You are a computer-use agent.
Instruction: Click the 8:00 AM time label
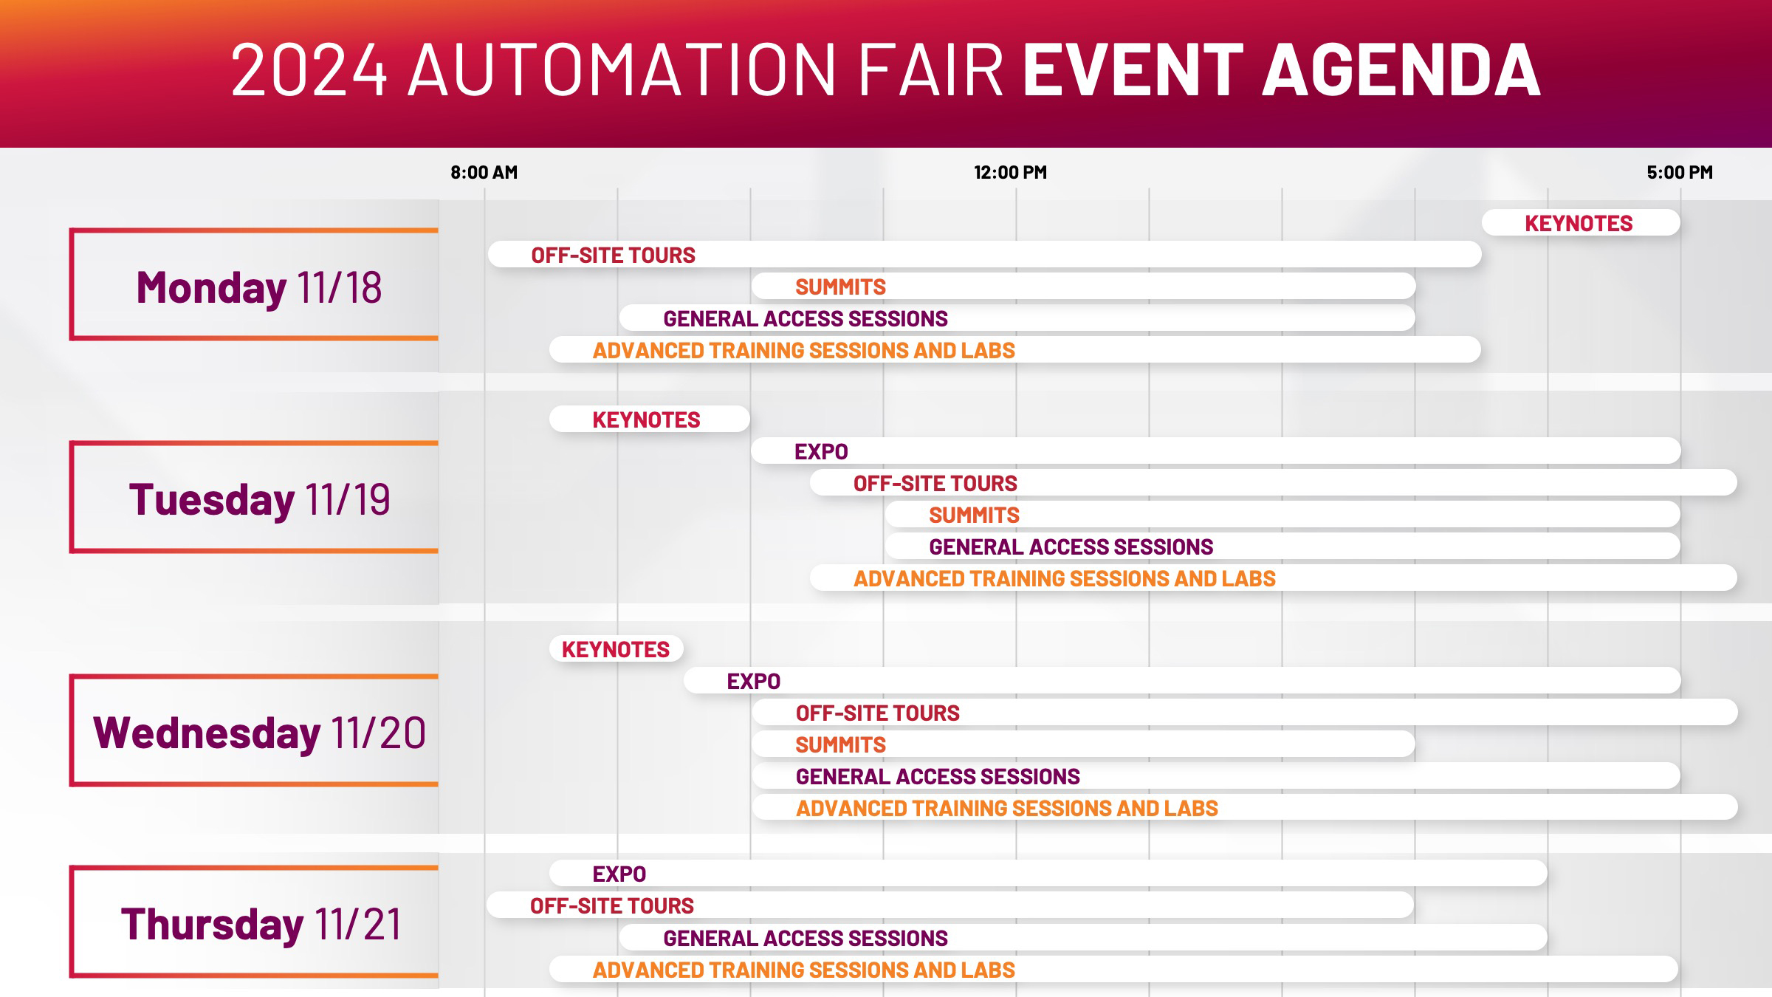click(484, 172)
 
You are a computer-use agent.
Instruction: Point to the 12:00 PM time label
click(1010, 172)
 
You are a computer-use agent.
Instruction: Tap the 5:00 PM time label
click(1680, 172)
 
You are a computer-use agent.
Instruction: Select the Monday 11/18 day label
click(259, 287)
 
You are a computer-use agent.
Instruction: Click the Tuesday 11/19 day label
click(259, 499)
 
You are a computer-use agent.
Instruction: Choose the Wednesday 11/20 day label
click(259, 733)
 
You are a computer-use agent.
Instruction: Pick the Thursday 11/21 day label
click(261, 924)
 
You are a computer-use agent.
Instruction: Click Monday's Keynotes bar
click(1581, 223)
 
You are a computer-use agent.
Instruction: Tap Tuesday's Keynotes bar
click(650, 419)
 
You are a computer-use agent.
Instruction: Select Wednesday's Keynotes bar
click(617, 649)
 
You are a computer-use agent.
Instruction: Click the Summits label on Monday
click(840, 287)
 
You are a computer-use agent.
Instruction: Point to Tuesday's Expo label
click(821, 451)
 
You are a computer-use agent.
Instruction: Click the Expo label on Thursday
click(619, 874)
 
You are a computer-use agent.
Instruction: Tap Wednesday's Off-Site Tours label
click(877, 713)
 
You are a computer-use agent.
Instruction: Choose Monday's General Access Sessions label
click(806, 318)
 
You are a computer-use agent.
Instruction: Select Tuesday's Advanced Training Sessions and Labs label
click(1065, 578)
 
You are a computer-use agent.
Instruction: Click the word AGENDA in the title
click(1401, 69)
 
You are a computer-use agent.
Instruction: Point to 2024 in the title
click(309, 69)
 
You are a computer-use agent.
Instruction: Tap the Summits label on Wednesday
click(840, 744)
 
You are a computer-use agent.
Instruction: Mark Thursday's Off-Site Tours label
click(612, 905)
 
